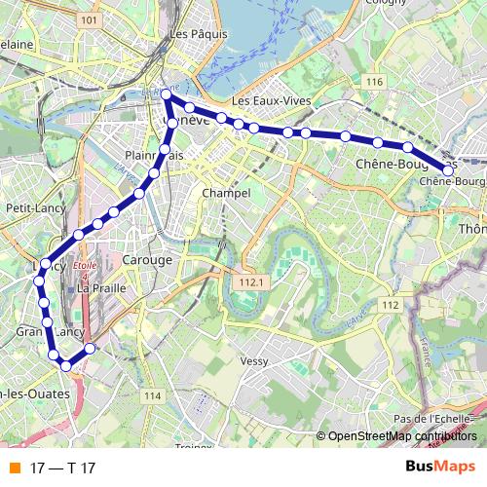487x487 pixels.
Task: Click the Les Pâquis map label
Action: pyautogui.click(x=191, y=35)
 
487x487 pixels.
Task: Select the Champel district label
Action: pyautogui.click(x=226, y=194)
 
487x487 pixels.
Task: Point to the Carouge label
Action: pyautogui.click(x=148, y=261)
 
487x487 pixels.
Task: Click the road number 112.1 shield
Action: pyautogui.click(x=250, y=281)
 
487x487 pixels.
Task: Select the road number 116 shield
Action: pyautogui.click(x=374, y=82)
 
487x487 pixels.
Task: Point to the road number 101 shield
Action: pyautogui.click(x=90, y=19)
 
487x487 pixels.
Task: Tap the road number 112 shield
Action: pyautogui.click(x=391, y=305)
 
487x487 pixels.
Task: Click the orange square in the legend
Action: pyautogui.click(x=15, y=468)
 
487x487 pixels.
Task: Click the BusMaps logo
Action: pyautogui.click(x=440, y=467)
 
